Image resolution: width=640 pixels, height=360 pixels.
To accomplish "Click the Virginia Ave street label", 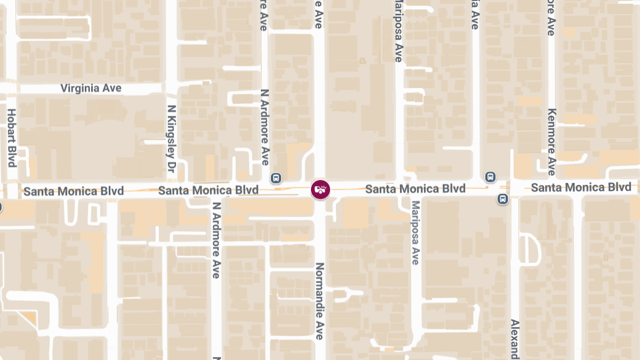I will (91, 88).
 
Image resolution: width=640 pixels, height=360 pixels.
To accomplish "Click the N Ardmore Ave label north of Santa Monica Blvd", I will (265, 127).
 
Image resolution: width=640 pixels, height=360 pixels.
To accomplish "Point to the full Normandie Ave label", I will (319, 301).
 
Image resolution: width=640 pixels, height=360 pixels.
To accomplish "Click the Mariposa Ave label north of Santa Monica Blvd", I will (397, 31).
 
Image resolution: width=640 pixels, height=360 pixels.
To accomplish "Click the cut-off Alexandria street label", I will (515, 339).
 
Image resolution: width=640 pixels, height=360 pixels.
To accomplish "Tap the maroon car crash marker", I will (321, 189).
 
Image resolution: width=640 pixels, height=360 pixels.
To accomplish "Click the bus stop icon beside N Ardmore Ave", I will (276, 178).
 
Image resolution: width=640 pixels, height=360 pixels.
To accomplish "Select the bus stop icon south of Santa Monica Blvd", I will (502, 199).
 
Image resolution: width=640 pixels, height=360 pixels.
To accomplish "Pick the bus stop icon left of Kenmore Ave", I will (490, 177).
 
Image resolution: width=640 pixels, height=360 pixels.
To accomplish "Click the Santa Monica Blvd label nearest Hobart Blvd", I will (74, 190).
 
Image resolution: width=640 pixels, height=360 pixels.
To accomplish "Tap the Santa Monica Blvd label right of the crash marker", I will (415, 188).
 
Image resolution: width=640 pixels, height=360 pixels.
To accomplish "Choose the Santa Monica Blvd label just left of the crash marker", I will (209, 190).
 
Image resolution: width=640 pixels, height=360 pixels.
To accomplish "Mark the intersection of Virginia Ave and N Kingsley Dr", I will (171, 87).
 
